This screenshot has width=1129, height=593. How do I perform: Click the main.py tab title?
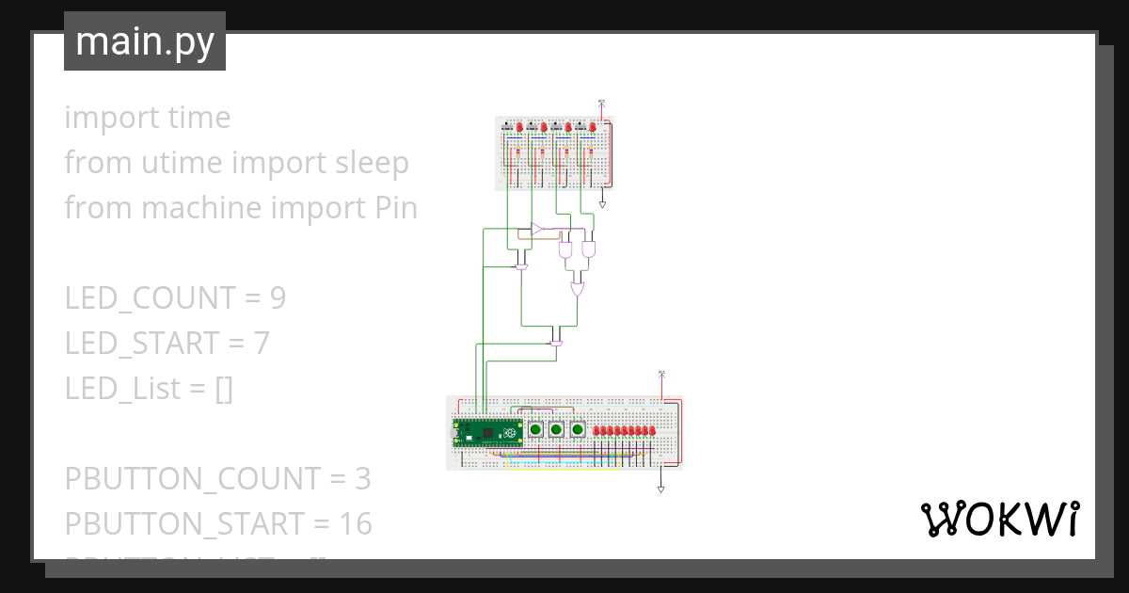point(145,41)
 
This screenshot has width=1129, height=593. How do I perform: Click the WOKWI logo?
point(998,519)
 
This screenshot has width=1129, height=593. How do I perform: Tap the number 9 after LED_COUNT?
point(278,297)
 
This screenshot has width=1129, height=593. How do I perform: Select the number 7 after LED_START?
point(262,343)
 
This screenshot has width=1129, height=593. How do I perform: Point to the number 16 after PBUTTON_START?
point(354,523)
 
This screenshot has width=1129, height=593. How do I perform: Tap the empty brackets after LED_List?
point(224,388)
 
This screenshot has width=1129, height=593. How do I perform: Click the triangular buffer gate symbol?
point(536,229)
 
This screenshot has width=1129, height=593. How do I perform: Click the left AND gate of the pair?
point(565,251)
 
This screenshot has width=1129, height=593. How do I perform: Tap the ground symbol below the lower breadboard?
point(661,489)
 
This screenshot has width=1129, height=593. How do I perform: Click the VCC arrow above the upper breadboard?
point(602,102)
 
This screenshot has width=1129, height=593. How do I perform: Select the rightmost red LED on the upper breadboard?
point(592,127)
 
